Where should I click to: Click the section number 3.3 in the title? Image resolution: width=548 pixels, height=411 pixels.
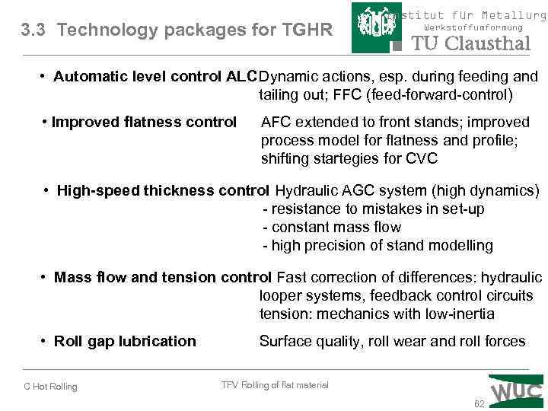click(x=35, y=30)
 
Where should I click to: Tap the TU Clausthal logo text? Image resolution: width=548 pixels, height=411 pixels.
click(x=471, y=43)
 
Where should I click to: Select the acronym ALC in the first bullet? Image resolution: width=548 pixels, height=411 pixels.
click(x=242, y=77)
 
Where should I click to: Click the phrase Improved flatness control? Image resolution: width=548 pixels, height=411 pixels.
click(x=144, y=122)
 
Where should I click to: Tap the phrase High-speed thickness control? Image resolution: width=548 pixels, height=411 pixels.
click(x=163, y=190)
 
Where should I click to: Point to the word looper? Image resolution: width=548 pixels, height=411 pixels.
click(x=282, y=295)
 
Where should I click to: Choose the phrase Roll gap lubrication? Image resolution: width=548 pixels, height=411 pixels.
click(x=125, y=341)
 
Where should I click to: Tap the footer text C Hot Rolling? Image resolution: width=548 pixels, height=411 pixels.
click(x=50, y=387)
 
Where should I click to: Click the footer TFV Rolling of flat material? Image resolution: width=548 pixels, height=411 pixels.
click(x=275, y=385)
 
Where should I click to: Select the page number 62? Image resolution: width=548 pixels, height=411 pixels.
click(x=479, y=404)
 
